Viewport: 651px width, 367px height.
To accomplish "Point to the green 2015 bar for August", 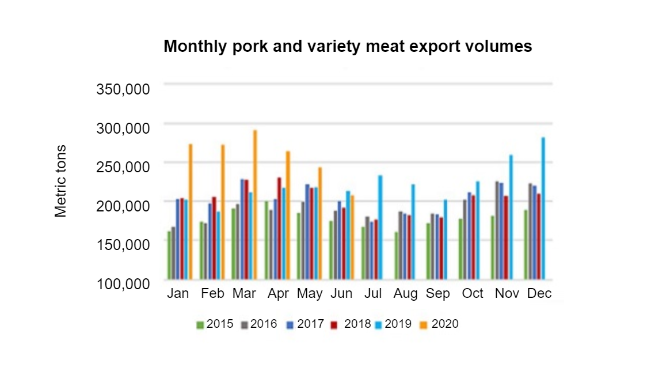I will tap(397, 256).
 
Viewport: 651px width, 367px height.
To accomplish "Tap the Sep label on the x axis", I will tap(438, 293).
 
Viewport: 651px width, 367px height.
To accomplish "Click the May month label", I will tap(310, 294).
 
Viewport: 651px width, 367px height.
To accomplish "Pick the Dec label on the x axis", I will tap(539, 293).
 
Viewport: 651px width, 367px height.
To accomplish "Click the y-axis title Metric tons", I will tap(61, 181).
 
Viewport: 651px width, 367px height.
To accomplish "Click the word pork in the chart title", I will tap(249, 47).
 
